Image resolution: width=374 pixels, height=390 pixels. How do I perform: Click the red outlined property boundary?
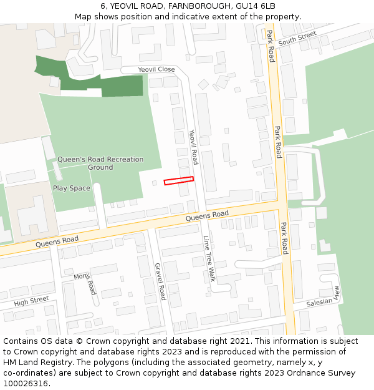[x=178, y=181]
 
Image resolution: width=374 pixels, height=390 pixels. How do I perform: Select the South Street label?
[x=297, y=39]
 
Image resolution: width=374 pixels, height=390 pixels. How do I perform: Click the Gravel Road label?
[x=160, y=281]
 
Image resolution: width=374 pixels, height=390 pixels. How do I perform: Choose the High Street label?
[x=31, y=301]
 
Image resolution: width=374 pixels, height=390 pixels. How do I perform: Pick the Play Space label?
[x=71, y=188]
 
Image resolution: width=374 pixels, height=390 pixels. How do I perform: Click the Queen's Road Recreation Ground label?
[x=100, y=163]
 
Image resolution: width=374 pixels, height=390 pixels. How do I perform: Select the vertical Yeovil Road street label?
[x=193, y=147]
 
